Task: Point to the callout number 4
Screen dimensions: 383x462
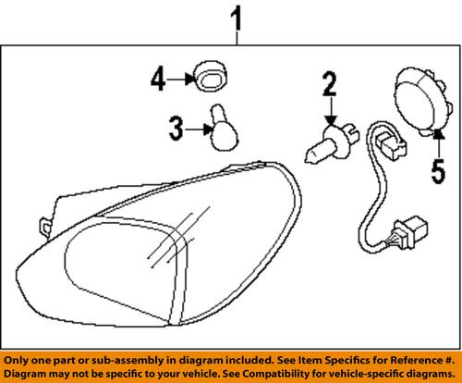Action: pos(157,80)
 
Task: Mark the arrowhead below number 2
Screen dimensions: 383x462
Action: pos(330,120)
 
